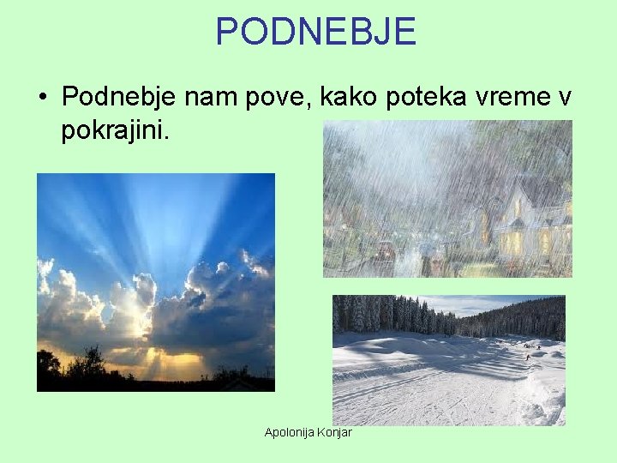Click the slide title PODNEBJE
(x=315, y=32)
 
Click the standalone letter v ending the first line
(x=565, y=98)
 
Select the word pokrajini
(x=116, y=132)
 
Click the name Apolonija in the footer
(x=289, y=432)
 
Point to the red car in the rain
(x=385, y=251)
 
